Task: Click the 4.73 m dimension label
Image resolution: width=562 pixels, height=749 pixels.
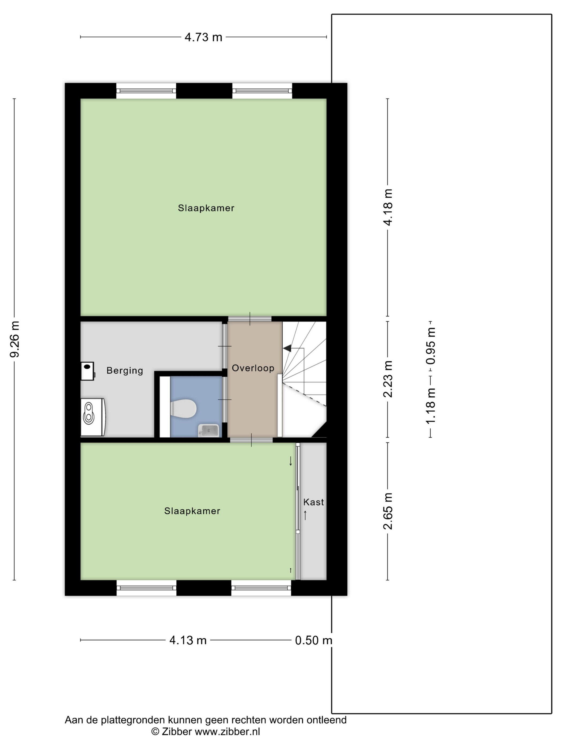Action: point(203,37)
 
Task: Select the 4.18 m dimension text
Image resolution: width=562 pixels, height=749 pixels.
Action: point(388,207)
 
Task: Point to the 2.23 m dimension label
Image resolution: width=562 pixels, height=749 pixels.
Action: point(388,379)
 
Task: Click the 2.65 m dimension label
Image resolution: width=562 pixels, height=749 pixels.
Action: point(388,511)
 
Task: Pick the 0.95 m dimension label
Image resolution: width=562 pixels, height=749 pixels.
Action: point(431,346)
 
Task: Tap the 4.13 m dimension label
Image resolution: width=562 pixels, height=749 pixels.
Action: point(188,640)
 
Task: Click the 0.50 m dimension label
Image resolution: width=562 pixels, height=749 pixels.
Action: point(313,640)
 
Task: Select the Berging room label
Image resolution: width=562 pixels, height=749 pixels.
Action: point(125,371)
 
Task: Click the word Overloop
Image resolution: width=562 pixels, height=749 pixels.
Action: point(253,368)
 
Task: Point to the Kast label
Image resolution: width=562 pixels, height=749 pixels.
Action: point(313,502)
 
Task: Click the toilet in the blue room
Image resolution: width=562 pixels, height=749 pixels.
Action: point(183,408)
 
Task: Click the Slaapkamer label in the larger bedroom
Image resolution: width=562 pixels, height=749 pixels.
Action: point(206,208)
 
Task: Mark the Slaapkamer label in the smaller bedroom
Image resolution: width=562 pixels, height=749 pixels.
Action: point(192,511)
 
